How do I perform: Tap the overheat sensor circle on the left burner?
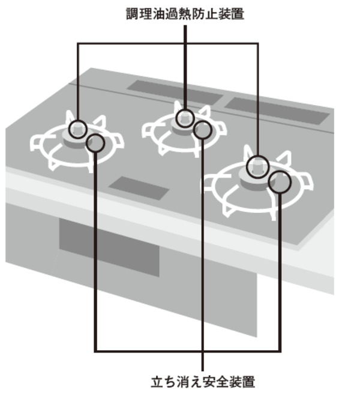coord(77,128)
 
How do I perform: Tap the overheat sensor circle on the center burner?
coord(185,117)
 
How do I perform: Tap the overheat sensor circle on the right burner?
coord(257,163)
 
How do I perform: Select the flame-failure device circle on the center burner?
coord(203,130)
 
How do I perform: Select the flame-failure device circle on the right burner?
coord(279,181)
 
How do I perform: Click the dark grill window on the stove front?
coord(109,246)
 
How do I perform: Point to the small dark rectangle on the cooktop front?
coord(139,188)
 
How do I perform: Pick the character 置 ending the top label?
coord(238,13)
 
